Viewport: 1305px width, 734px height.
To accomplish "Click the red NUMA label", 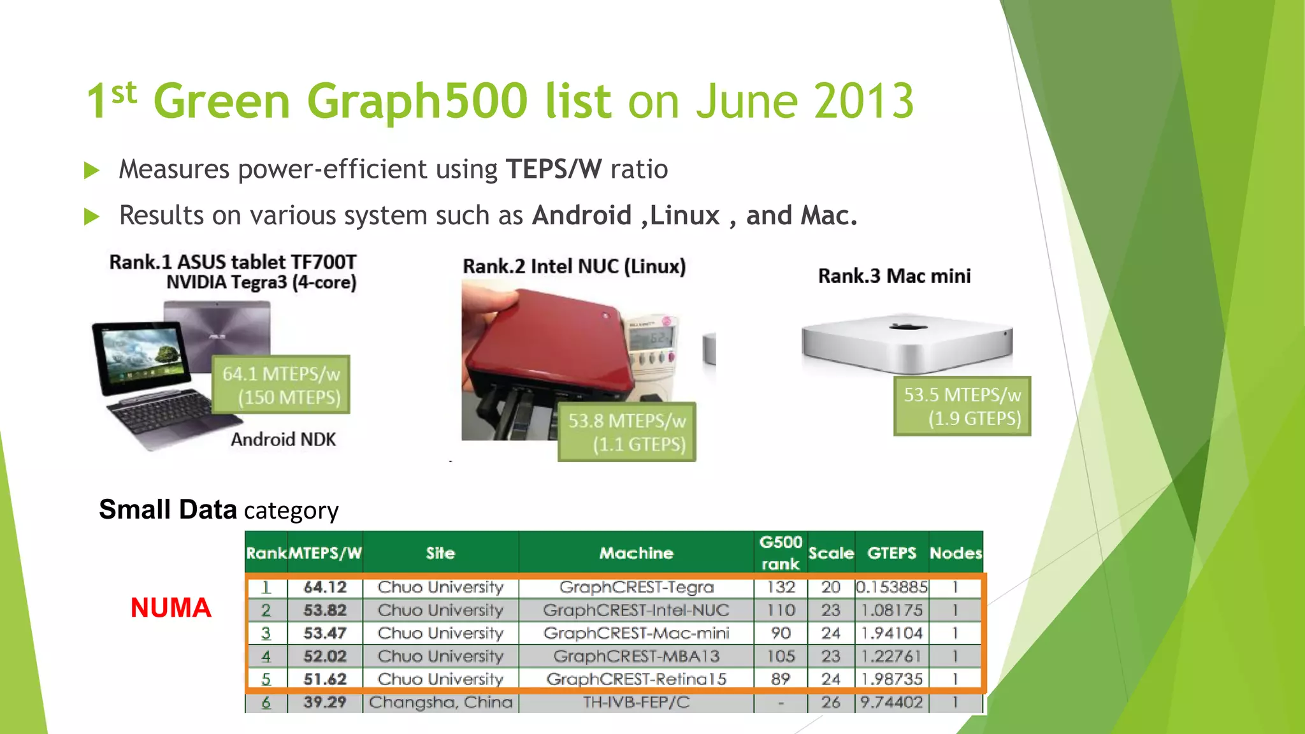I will tap(170, 608).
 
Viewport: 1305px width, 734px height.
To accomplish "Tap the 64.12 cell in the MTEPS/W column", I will tap(325, 587).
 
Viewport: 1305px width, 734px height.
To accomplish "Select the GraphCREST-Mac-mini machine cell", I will tap(636, 633).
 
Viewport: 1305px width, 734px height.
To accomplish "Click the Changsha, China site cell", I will tap(440, 702).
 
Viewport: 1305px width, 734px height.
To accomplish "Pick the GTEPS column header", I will tap(891, 553).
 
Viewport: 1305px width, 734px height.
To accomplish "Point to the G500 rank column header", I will tap(780, 552).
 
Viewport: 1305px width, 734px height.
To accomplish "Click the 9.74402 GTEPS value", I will tap(891, 702).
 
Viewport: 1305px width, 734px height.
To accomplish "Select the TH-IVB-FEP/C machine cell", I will tap(636, 702).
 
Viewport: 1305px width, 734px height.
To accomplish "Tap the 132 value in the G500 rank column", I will tap(781, 587).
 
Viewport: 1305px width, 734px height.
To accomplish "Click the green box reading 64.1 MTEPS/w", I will tap(281, 385).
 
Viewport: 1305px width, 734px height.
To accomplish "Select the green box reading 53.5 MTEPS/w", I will tap(962, 407).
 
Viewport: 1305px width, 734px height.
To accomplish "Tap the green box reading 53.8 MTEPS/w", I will tap(626, 432).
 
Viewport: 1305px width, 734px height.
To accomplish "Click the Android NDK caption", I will tap(283, 440).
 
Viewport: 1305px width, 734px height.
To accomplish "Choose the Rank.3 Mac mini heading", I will tap(894, 276).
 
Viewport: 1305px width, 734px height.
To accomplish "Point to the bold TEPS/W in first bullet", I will tap(553, 169).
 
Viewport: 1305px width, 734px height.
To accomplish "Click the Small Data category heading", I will tap(219, 510).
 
